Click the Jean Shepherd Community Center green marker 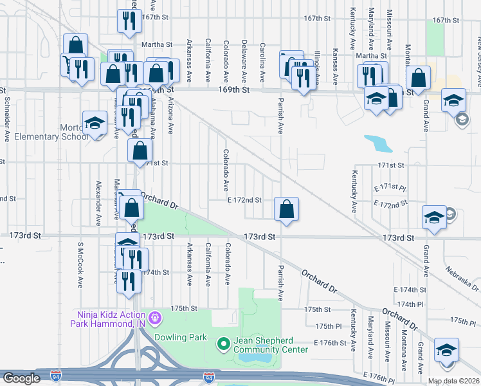pos(224,345)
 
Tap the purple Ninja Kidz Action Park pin pos(154,318)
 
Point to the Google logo pos(21,378)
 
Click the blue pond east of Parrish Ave pos(377,143)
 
